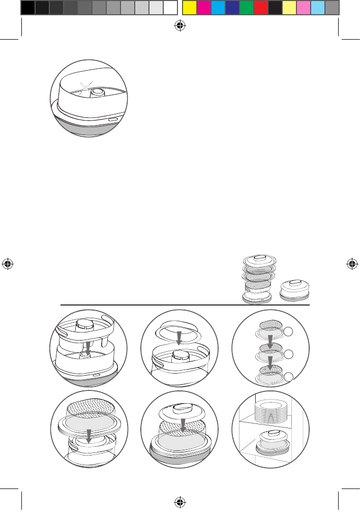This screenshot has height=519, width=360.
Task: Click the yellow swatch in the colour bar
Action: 189,8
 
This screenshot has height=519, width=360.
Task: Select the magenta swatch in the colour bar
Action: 203,8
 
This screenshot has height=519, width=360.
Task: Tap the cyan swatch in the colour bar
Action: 218,8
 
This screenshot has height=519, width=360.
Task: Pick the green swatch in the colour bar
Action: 247,8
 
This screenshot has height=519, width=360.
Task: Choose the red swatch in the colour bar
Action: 261,8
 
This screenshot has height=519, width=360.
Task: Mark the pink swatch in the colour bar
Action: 304,8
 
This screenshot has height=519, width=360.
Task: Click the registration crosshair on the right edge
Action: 351,264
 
